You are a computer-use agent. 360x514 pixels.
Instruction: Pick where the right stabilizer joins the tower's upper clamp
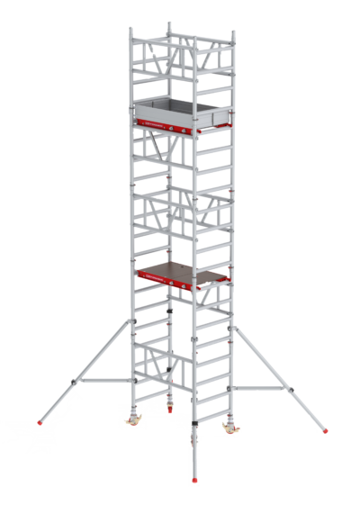pyautogui.click(x=236, y=333)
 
